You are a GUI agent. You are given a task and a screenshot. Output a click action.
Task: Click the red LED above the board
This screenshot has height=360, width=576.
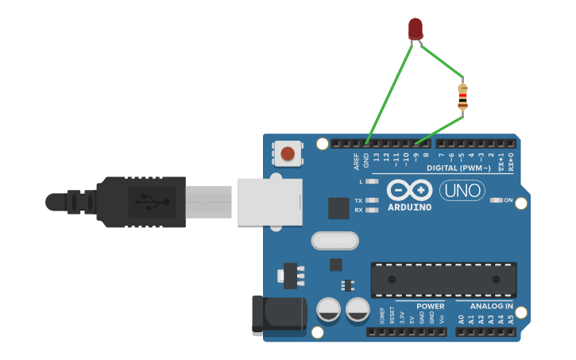click(x=416, y=29)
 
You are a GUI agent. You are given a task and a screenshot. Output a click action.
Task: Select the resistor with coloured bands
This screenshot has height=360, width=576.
click(x=462, y=97)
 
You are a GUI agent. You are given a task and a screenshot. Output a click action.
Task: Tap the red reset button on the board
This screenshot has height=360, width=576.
click(x=288, y=153)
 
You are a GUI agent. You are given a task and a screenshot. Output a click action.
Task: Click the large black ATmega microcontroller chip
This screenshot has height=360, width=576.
click(x=443, y=280)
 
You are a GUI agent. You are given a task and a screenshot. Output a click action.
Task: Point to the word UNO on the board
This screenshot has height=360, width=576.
click(x=462, y=191)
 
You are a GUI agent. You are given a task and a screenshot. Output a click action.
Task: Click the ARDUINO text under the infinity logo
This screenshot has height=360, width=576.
click(x=410, y=207)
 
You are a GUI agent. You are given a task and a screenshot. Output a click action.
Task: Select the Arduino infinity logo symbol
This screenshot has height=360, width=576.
click(x=410, y=191)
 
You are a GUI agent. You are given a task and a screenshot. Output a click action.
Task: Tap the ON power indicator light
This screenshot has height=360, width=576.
click(x=497, y=200)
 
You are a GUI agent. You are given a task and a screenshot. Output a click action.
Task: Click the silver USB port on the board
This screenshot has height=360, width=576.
click(x=269, y=201)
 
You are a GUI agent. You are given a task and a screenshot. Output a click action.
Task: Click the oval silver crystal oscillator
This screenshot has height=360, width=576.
click(x=334, y=240)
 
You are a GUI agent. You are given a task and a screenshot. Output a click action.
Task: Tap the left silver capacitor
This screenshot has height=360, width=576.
click(x=330, y=310)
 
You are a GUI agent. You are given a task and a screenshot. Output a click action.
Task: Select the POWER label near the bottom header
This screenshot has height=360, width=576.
click(x=431, y=306)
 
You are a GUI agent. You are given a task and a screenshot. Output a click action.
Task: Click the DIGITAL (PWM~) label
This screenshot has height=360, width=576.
click(x=458, y=168)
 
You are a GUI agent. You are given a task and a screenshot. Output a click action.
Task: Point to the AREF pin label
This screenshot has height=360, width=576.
click(x=357, y=161)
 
